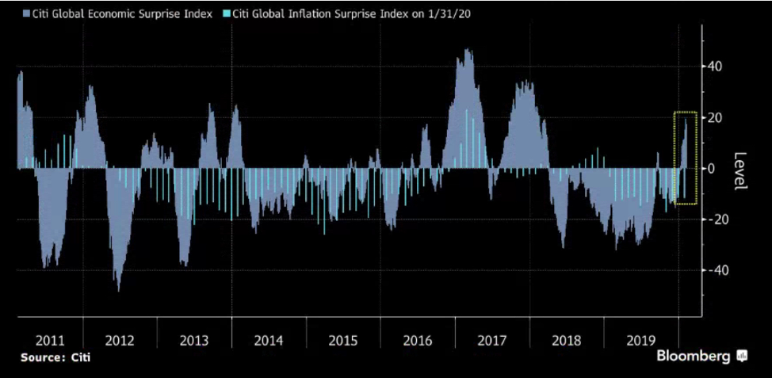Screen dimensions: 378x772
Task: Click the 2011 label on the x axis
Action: [50, 341]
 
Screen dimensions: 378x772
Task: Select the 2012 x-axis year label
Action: [120, 341]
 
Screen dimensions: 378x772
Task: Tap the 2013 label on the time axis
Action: [194, 341]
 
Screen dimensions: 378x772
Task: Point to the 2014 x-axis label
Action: [269, 341]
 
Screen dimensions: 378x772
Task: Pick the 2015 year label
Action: [343, 341]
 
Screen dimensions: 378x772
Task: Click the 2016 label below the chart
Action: [418, 341]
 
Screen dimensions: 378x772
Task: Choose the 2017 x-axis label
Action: [492, 341]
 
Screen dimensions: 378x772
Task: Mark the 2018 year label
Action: [567, 341]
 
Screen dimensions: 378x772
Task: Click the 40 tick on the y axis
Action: [717, 67]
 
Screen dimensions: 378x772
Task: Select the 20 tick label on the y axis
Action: [717, 117]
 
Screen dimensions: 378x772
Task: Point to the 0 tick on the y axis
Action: [713, 168]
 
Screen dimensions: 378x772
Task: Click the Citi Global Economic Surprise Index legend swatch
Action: [27, 14]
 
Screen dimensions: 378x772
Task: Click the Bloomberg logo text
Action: [694, 357]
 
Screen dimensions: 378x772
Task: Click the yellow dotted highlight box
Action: [685, 158]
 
